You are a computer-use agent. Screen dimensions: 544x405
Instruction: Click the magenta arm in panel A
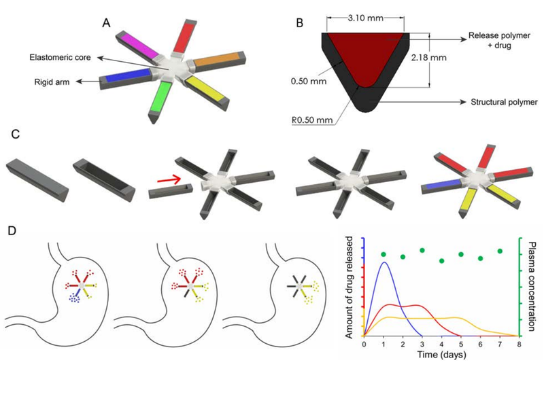[138, 45]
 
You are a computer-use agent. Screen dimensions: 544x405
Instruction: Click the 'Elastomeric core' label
[60, 57]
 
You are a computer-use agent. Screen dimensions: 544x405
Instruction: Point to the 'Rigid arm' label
[52, 82]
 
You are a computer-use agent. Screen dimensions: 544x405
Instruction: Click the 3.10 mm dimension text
[365, 18]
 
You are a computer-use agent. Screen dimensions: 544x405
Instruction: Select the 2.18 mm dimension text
[429, 58]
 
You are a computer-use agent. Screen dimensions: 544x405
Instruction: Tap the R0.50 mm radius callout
[312, 120]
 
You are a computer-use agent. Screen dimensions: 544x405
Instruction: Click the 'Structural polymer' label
[504, 103]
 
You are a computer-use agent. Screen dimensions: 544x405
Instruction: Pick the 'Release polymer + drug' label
[499, 41]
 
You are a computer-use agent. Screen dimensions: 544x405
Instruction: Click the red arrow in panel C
[169, 179]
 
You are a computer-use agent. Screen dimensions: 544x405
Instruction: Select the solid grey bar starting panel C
[37, 180]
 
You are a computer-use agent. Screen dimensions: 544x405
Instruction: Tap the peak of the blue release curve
[384, 262]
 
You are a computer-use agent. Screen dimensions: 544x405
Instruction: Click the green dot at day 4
[441, 261]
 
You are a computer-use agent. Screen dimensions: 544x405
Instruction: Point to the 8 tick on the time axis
[519, 345]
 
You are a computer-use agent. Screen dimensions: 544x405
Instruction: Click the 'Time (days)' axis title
[441, 355]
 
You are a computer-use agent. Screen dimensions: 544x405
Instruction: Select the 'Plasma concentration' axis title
[530, 286]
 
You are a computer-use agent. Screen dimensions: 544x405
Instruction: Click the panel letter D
[12, 231]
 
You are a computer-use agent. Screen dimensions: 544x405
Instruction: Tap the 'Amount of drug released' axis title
[349, 287]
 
